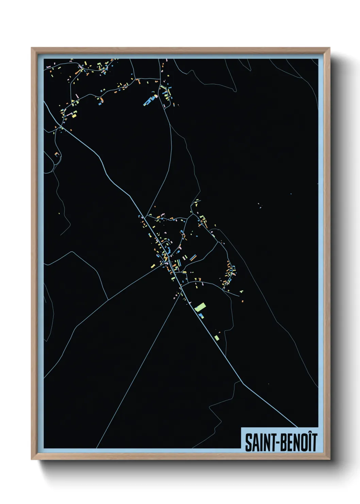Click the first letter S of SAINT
pyautogui.click(x=248, y=442)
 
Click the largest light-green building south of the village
pyautogui.click(x=200, y=307)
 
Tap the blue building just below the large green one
pyautogui.click(x=201, y=316)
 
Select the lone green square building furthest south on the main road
pyautogui.click(x=217, y=338)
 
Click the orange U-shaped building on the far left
pyautogui.click(x=57, y=154)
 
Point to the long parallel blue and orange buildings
pyautogui.click(x=193, y=257)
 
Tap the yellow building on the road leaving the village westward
pyautogui.click(x=153, y=266)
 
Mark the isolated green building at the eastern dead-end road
pyautogui.click(x=241, y=292)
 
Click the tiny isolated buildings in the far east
pyautogui.click(x=260, y=206)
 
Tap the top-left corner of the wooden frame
pyautogui.click(x=32, y=48)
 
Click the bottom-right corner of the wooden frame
pyautogui.click(x=329, y=459)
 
